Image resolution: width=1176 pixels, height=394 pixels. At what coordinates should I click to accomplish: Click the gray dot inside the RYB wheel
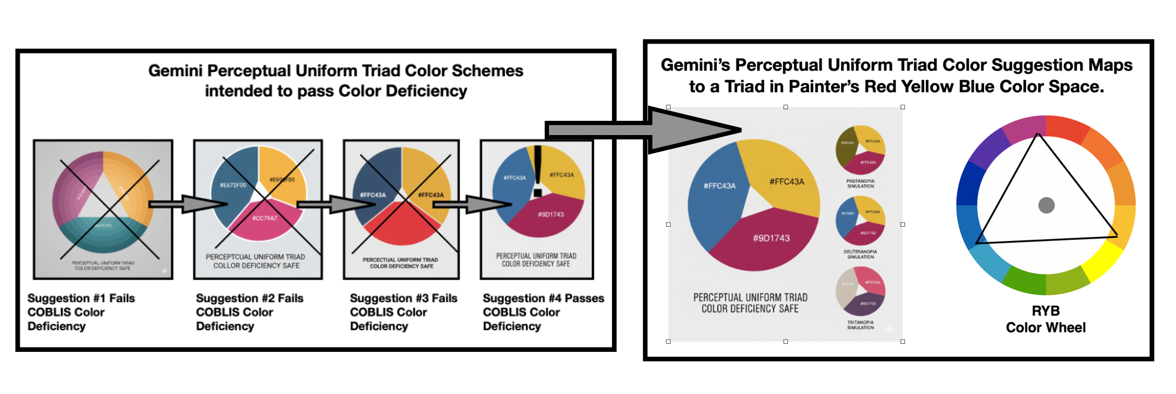pos(1046,205)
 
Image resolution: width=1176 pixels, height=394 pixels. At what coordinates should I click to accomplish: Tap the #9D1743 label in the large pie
pos(771,238)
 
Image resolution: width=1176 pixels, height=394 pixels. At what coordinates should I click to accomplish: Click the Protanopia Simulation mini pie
pos(860,150)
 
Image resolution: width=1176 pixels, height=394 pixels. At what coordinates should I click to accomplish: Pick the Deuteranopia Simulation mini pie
pos(860,220)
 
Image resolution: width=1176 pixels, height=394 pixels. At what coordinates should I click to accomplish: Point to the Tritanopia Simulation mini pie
pos(860,291)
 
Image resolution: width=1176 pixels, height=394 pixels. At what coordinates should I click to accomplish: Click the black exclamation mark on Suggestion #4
pos(537,170)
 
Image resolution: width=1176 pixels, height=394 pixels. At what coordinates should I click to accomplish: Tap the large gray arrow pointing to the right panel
pos(644,129)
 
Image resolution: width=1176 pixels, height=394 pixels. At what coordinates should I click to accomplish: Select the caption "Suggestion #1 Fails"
pos(81,298)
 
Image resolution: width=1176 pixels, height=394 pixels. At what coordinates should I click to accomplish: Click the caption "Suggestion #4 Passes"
pos(543,298)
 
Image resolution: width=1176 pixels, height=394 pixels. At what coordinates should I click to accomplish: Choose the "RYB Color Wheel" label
pos(1045,319)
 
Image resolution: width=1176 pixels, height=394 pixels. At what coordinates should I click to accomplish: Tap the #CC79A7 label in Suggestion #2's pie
pos(264,218)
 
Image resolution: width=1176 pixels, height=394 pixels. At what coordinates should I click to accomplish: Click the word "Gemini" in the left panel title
pos(174,71)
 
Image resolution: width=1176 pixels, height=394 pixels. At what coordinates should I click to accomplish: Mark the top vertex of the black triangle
pos(1038,134)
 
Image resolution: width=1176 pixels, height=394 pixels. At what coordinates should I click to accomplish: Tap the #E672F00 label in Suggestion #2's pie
pos(233,185)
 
